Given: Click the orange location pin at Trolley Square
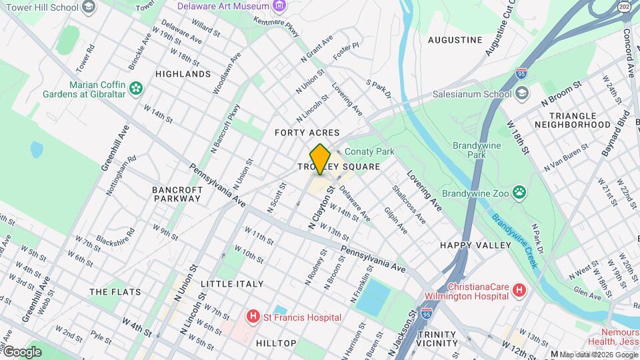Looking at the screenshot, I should pos(320,159).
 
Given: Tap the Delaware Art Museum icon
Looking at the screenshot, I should pos(280,6).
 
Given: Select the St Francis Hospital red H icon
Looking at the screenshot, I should pos(253,317).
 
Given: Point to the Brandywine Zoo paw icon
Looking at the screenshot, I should pos(519,193).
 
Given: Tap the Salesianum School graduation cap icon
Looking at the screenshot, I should pos(522,93).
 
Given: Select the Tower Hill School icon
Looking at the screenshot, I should pos(88,7).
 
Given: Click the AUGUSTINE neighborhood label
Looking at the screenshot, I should pos(455,40).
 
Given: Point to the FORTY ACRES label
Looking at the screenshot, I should pos(307,133).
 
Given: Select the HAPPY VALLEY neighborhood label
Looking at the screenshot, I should pos(466,245).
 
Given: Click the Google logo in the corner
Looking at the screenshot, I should pos(22,352).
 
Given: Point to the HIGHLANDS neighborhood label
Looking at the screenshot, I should pos(183,74).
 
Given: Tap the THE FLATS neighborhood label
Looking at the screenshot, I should pos(108,292).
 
